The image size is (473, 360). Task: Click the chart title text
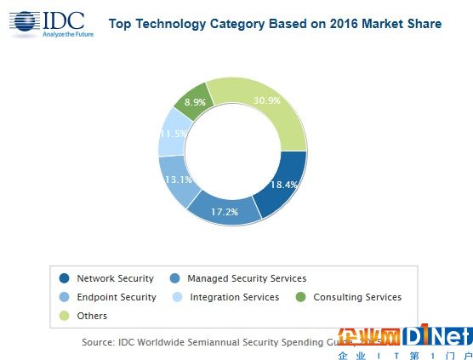coord(275,24)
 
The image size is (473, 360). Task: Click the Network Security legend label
coord(115,278)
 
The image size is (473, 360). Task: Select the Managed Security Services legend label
coord(246,278)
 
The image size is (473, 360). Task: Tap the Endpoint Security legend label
coord(116,297)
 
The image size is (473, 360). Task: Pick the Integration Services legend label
coord(234,297)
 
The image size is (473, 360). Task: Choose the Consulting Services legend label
coord(357,297)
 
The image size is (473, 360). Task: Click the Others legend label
coord(92,316)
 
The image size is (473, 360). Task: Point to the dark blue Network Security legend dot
coord(65,278)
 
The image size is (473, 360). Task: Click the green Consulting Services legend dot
coord(301,297)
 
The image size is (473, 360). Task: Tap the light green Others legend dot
coord(65,316)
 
